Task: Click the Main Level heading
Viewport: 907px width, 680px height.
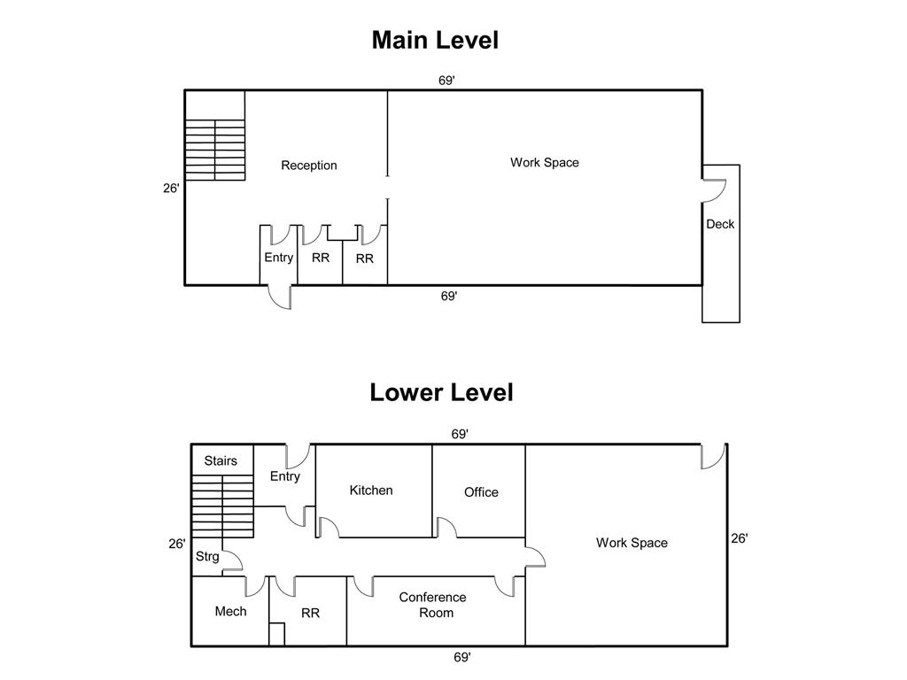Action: pyautogui.click(x=435, y=41)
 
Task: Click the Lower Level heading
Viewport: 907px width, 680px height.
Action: pyautogui.click(x=441, y=392)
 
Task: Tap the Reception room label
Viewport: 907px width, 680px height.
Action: pyautogui.click(x=309, y=166)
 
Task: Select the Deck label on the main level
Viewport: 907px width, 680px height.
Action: pyautogui.click(x=720, y=225)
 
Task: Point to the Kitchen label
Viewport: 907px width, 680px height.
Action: pyautogui.click(x=371, y=491)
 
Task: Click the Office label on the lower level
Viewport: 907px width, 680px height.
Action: pyautogui.click(x=481, y=492)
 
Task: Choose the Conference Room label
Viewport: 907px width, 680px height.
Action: pyautogui.click(x=432, y=606)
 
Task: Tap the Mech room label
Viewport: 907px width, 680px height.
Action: pyautogui.click(x=230, y=612)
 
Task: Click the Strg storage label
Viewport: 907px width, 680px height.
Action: pyautogui.click(x=207, y=557)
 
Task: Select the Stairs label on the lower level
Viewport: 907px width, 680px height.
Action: pyautogui.click(x=221, y=461)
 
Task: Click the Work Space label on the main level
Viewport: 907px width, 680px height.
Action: pyautogui.click(x=544, y=163)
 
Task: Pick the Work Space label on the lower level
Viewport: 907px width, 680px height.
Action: pyautogui.click(x=632, y=543)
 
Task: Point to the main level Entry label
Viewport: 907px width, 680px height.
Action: pyautogui.click(x=278, y=258)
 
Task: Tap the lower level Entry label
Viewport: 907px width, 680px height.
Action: pyautogui.click(x=284, y=476)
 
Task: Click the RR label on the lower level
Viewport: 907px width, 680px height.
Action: pyautogui.click(x=310, y=613)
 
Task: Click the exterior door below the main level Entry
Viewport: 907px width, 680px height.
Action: pyautogui.click(x=281, y=297)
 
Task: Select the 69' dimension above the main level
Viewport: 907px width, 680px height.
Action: pyautogui.click(x=447, y=81)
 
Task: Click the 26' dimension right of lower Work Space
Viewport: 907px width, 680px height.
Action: pyautogui.click(x=740, y=538)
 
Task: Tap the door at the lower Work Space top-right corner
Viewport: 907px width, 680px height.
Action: pyautogui.click(x=713, y=455)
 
